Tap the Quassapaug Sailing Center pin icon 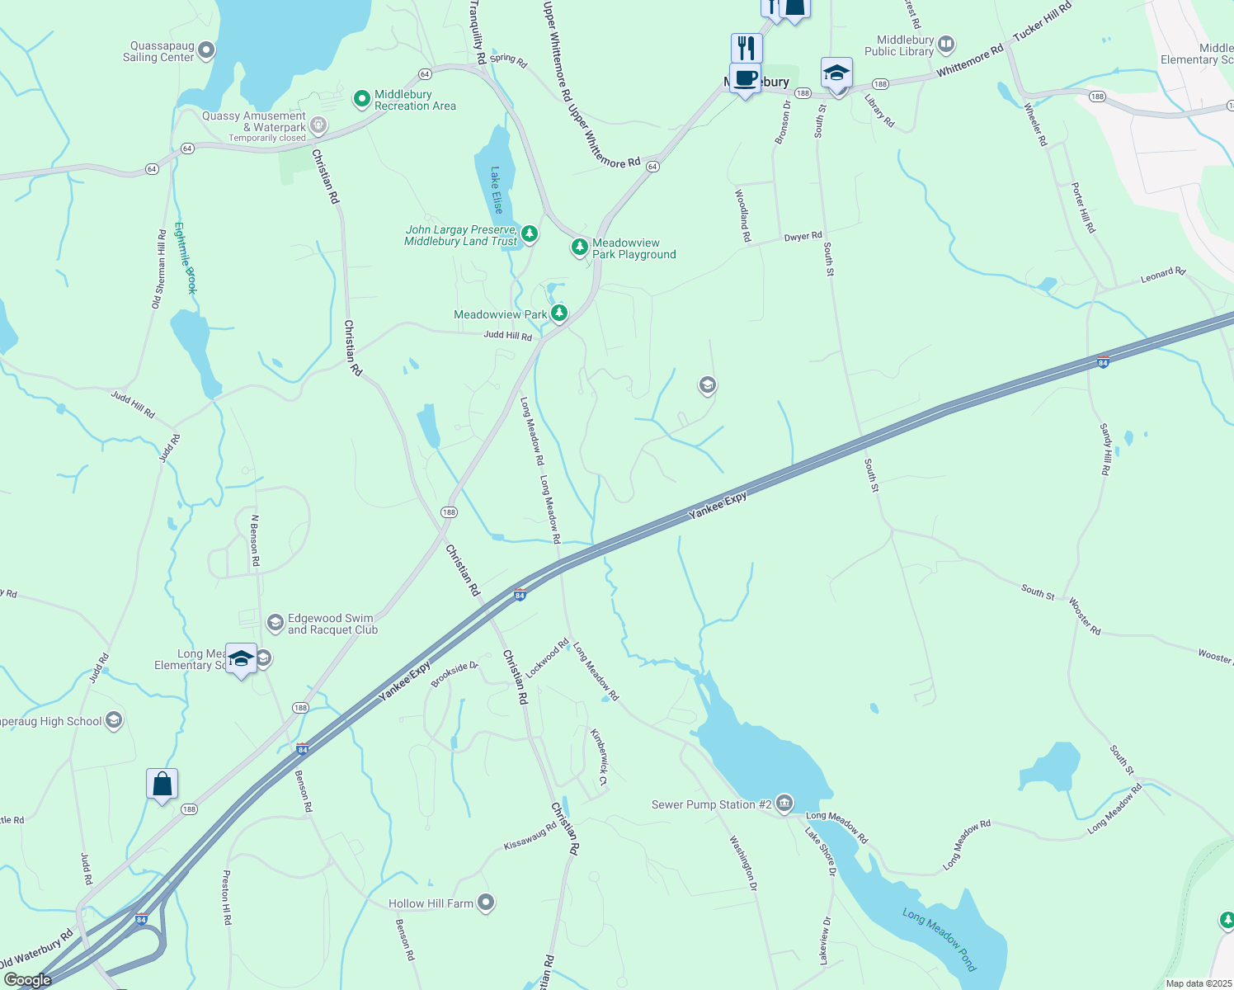pyautogui.click(x=206, y=50)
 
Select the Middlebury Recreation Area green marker pyautogui.click(x=361, y=99)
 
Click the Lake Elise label pyautogui.click(x=496, y=191)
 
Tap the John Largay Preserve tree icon pyautogui.click(x=530, y=234)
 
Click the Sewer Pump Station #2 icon pyautogui.click(x=784, y=803)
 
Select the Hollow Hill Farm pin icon pyautogui.click(x=486, y=903)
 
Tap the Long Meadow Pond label pyautogui.click(x=939, y=939)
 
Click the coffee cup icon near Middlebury pyautogui.click(x=745, y=79)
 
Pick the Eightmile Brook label pyautogui.click(x=186, y=257)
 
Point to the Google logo pyautogui.click(x=27, y=980)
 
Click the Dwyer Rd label pyautogui.click(x=803, y=237)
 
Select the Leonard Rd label pyautogui.click(x=1162, y=276)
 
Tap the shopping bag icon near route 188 pyautogui.click(x=162, y=784)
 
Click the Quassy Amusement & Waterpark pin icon pyautogui.click(x=318, y=126)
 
